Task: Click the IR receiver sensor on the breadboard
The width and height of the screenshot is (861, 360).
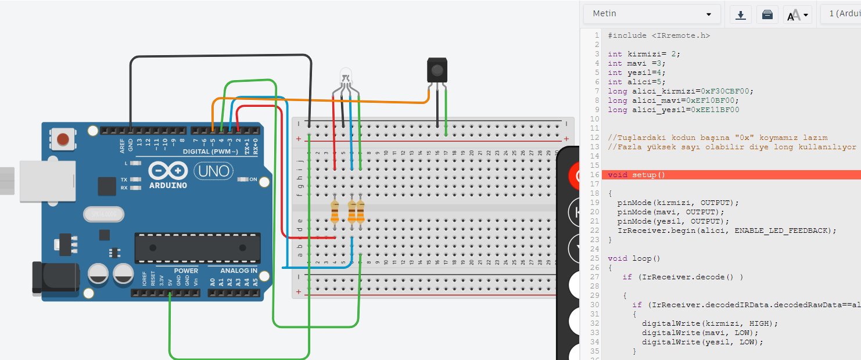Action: coord(437,70)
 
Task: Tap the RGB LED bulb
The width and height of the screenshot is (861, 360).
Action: coord(346,77)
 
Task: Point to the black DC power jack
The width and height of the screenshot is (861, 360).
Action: coord(56,277)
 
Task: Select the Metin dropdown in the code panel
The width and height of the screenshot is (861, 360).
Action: coord(652,14)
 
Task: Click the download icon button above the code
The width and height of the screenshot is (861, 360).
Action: coord(741,15)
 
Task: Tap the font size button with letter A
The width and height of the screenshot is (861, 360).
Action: coord(797,15)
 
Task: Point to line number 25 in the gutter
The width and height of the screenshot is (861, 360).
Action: coord(594,258)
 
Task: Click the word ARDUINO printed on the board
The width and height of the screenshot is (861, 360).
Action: coord(168,185)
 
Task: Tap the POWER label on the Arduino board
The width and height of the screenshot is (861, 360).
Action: coord(186,271)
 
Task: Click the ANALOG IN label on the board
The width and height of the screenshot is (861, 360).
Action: coord(238,271)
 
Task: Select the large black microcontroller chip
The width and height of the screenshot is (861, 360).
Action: coord(198,248)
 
